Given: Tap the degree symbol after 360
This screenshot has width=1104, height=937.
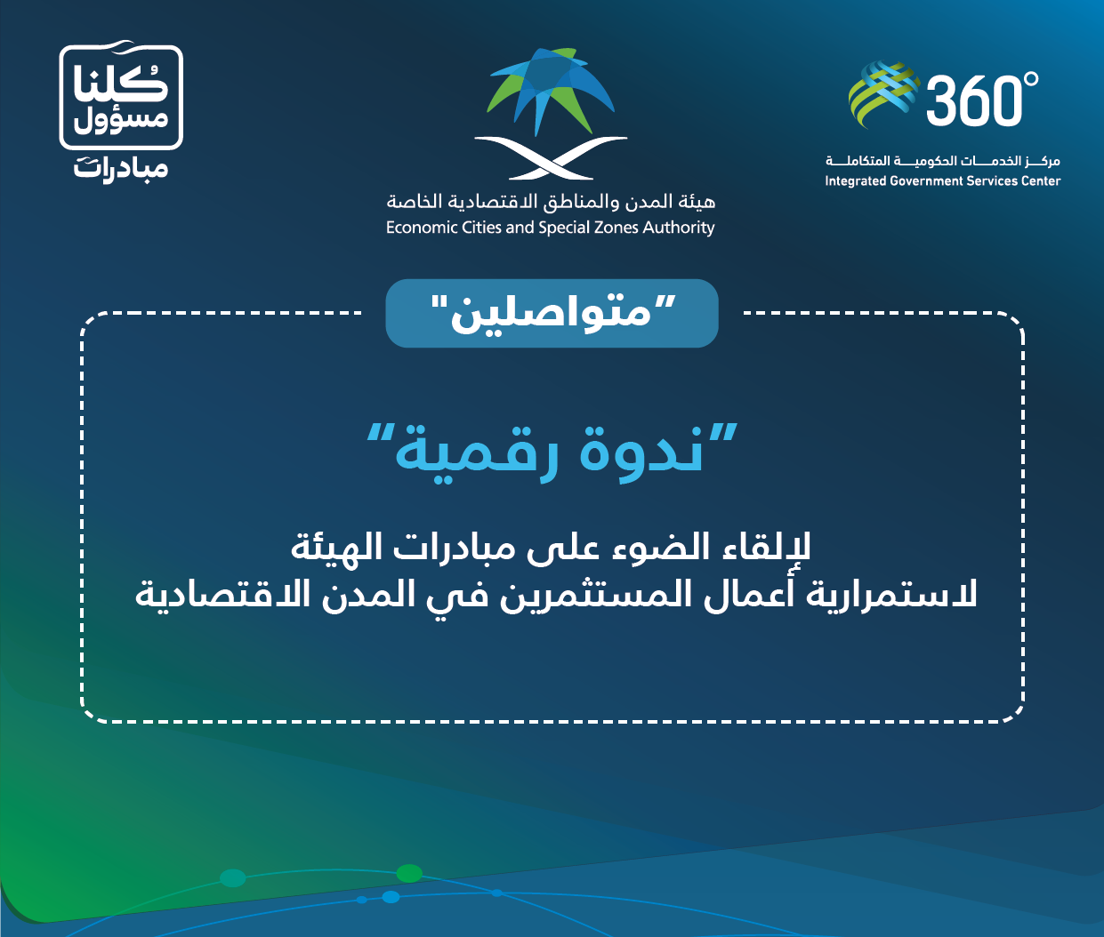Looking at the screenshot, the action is [1032, 79].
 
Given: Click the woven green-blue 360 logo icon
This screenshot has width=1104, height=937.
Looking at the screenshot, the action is [884, 94].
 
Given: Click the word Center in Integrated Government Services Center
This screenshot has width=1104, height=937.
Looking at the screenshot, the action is [1041, 181].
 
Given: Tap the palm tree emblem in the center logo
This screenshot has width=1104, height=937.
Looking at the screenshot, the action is [551, 91].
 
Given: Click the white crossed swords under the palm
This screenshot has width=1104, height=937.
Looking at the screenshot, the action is [551, 157].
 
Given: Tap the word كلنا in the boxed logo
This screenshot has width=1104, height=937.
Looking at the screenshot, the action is [121, 84].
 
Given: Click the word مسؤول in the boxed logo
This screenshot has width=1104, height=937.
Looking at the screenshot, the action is [121, 120].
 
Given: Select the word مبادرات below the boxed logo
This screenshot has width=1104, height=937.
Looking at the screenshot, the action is [121, 169].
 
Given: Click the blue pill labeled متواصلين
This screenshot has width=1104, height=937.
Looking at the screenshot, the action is [552, 314].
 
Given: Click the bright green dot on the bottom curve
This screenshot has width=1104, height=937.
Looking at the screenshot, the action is [409, 874].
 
